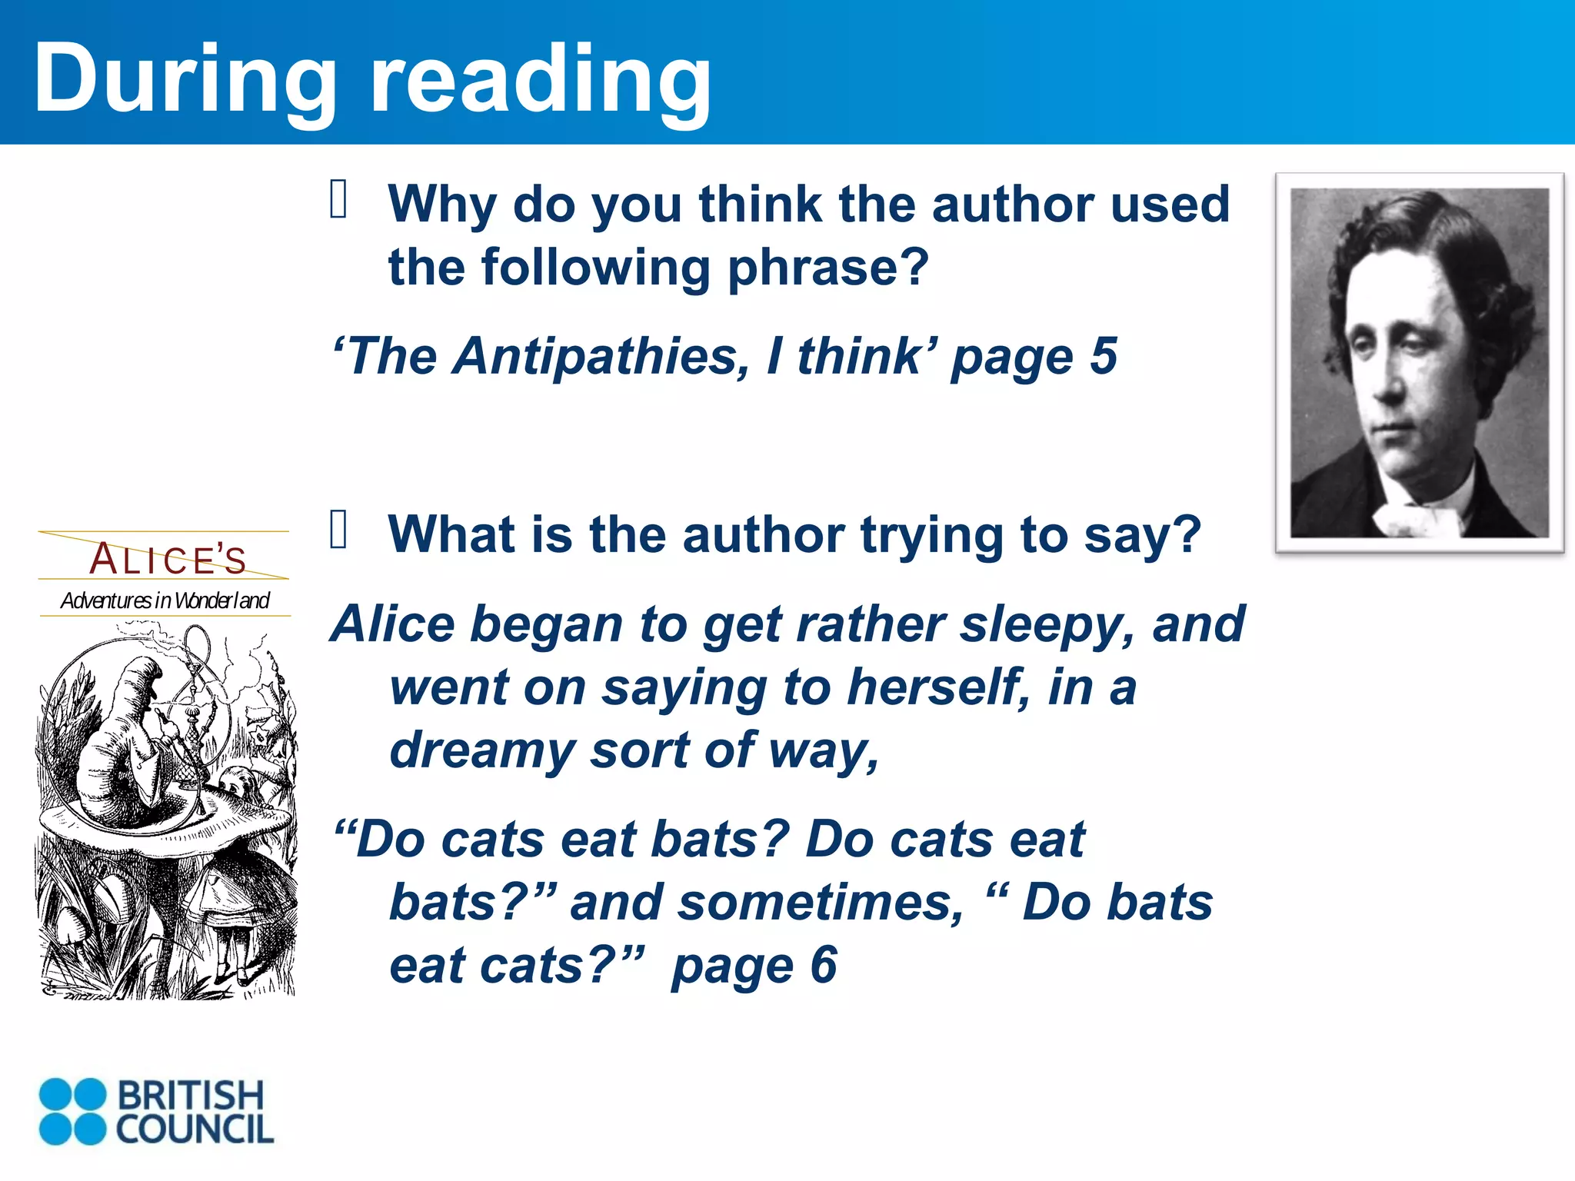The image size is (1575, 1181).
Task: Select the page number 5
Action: click(1104, 357)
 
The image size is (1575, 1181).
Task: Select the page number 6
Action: click(823, 965)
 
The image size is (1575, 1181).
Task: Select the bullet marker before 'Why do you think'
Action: click(339, 199)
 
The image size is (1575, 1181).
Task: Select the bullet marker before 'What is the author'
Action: click(339, 530)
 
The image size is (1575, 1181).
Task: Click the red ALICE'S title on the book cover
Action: click(168, 559)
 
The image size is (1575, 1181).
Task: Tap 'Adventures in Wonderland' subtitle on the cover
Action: click(165, 600)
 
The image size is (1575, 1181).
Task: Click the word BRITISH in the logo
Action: click(190, 1095)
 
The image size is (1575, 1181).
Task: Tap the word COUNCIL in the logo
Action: click(195, 1129)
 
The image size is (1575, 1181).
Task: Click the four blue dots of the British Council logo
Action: click(72, 1111)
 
